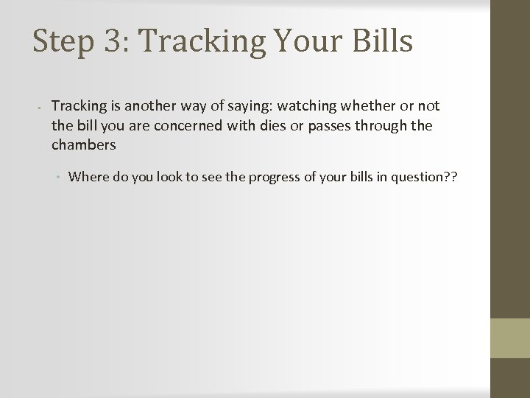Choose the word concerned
pos(185,125)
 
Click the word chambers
pos(84,144)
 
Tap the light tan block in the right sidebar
pos(510,337)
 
